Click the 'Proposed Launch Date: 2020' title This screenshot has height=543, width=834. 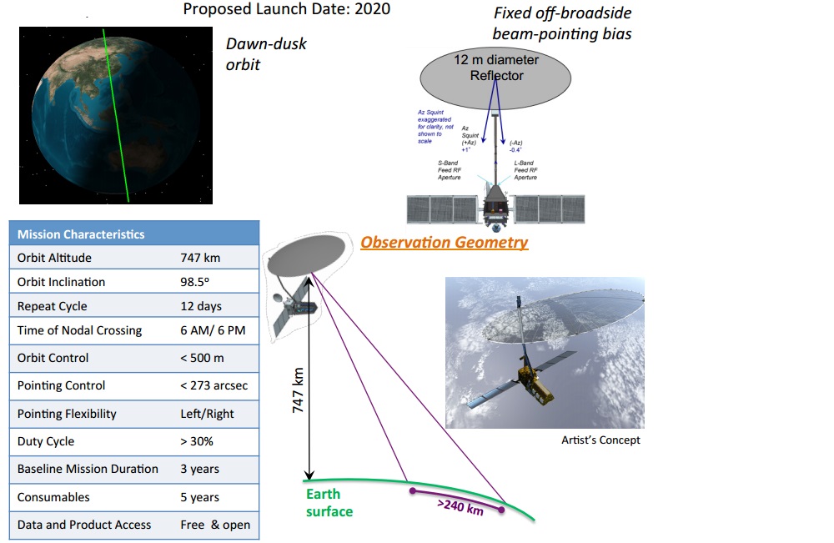pos(286,9)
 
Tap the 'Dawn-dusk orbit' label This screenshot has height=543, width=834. pos(266,53)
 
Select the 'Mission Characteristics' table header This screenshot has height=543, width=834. pos(81,234)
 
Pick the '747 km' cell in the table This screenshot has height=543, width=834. pos(201,258)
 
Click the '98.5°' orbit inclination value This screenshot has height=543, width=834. pos(196,282)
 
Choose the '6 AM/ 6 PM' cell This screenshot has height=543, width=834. pos(213,330)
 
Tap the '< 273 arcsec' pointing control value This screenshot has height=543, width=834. pos(214,385)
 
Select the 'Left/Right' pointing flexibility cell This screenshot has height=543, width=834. pos(207,414)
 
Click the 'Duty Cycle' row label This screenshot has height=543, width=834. pos(46,441)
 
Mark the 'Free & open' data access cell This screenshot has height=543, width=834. pos(214,525)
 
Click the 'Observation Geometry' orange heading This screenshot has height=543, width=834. pos(444,243)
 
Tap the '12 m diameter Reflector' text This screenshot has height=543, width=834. pos(496,68)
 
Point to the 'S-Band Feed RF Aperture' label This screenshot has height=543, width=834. pos(450,170)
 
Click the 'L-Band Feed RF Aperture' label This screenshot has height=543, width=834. pos(525,170)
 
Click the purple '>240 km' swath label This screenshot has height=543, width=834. pos(460,506)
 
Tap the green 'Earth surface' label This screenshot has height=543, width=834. pos(329,503)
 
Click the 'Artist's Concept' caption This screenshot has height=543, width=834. pos(600,440)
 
